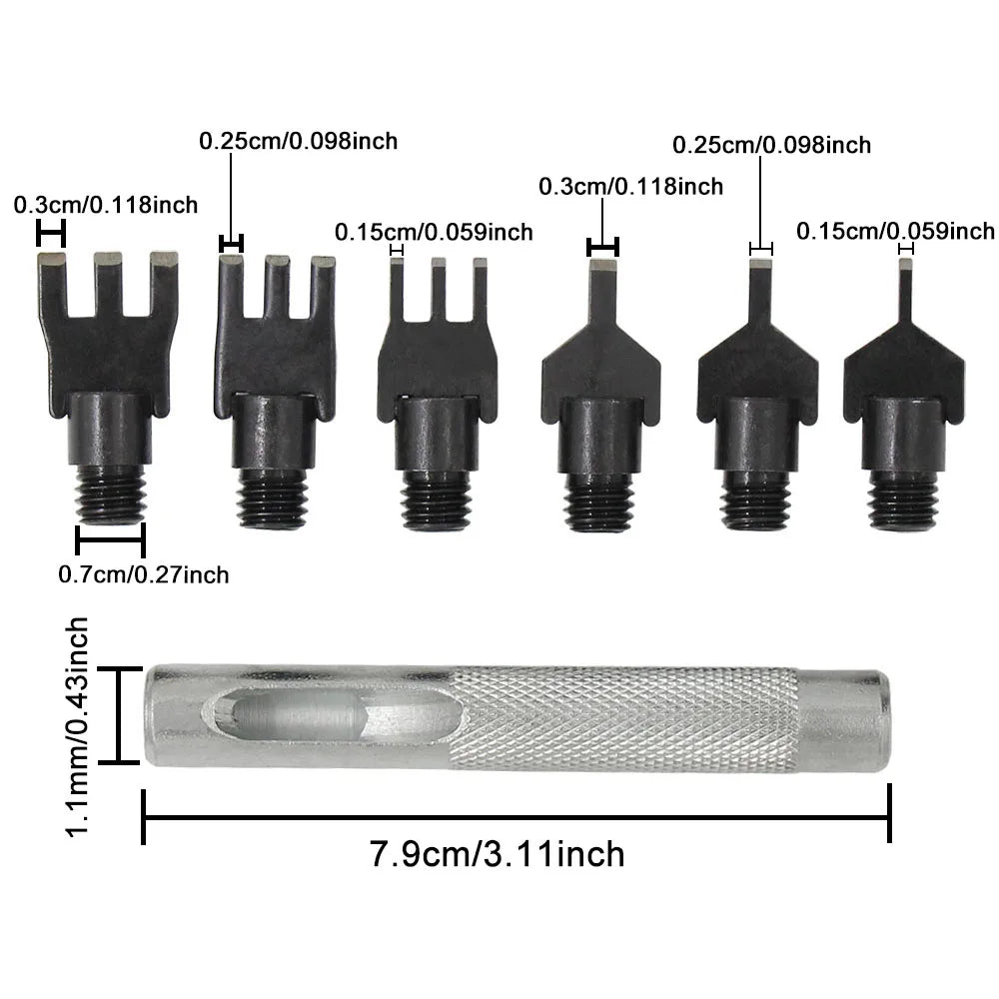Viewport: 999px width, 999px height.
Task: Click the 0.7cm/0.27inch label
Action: tap(143, 574)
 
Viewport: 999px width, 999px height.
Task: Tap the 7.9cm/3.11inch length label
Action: tap(497, 854)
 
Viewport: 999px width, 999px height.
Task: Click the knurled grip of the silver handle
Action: tap(624, 718)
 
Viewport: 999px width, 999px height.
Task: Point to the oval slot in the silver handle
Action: tap(335, 717)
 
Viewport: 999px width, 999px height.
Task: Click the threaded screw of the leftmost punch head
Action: tap(110, 494)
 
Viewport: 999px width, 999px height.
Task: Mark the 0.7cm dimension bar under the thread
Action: tap(110, 540)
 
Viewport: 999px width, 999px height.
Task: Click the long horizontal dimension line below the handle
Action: tap(515, 817)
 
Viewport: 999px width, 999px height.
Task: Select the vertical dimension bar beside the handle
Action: tap(119, 715)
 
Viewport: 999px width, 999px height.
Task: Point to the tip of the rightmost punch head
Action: tap(905, 266)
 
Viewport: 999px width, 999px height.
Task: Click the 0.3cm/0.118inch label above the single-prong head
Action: tap(630, 186)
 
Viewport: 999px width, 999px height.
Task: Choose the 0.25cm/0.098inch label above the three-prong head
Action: tap(298, 141)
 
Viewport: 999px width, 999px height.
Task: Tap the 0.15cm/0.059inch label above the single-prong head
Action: tap(895, 232)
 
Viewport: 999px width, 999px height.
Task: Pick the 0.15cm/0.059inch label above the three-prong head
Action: tap(434, 233)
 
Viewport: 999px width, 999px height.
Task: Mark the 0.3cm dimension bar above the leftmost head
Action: tap(51, 234)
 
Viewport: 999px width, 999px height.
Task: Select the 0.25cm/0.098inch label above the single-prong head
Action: tap(771, 145)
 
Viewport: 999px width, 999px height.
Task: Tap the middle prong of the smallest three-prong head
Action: tap(438, 289)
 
